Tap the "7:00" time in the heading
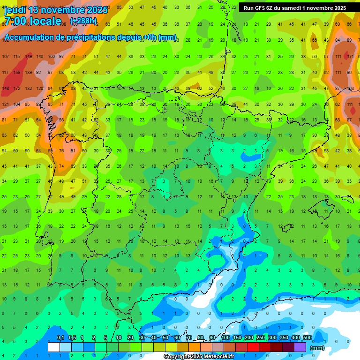click(x=16, y=22)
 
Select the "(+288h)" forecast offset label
click(x=83, y=21)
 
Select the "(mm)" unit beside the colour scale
click(x=317, y=348)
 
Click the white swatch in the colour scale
click(x=54, y=347)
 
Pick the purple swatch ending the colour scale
click(x=300, y=347)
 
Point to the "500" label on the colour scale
click(x=307, y=337)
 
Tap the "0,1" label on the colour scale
click(x=60, y=337)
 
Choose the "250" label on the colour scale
click(x=260, y=337)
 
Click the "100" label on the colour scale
click(x=225, y=337)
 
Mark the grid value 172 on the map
click(x=17, y=89)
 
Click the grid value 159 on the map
click(x=17, y=73)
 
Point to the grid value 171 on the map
click(x=349, y=57)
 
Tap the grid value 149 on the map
click(x=29, y=57)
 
